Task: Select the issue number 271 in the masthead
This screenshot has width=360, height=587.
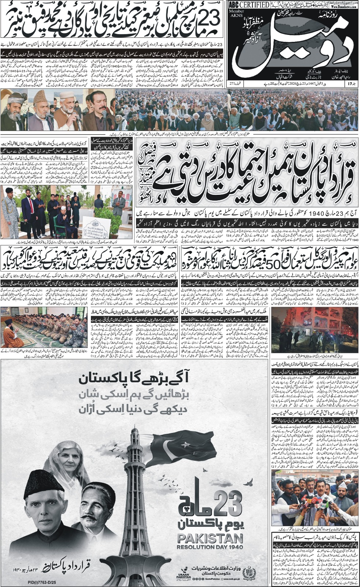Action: tap(232, 84)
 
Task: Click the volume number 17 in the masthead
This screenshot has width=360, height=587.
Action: tap(353, 84)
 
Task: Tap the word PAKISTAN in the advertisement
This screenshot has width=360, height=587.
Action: tap(210, 539)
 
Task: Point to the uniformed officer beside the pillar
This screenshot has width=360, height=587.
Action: tap(10, 207)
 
